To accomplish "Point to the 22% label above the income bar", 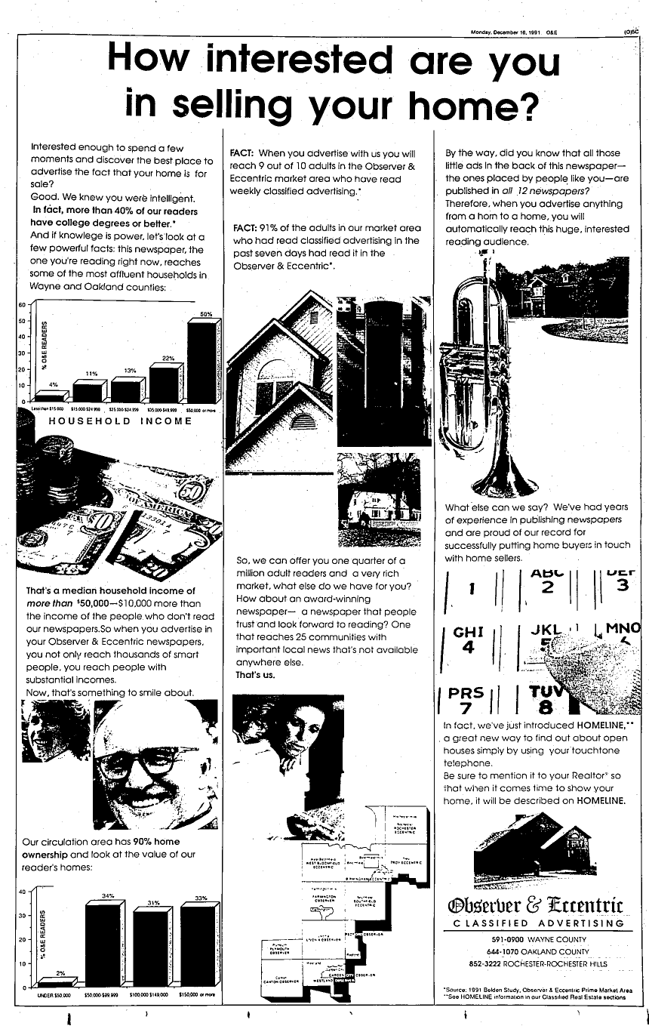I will coord(168,359).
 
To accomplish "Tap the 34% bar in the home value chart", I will coord(108,944).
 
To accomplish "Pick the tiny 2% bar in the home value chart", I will coord(57,982).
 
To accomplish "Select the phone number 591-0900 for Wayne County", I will coord(501,939).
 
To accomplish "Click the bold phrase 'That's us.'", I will coord(254,675).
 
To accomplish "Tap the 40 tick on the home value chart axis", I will coord(23,892).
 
